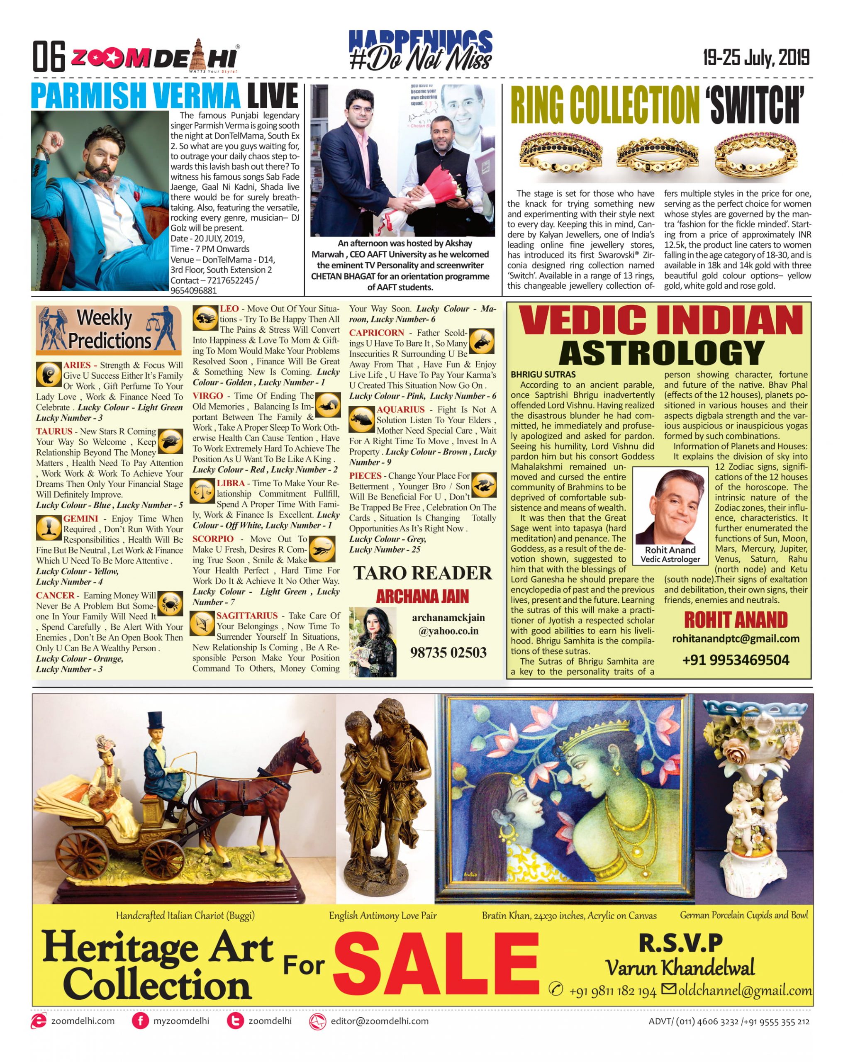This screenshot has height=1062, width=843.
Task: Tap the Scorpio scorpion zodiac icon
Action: pyautogui.click(x=322, y=548)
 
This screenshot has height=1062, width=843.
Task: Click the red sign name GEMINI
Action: pyautogui.click(x=80, y=518)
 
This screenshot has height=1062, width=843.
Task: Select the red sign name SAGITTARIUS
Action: pyautogui.click(x=247, y=615)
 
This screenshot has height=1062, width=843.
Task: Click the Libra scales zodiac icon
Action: pyautogui.click(x=202, y=491)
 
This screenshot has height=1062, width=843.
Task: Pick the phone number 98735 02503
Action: pyautogui.click(x=448, y=653)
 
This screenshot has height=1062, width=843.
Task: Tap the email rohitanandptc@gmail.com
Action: pyautogui.click(x=736, y=639)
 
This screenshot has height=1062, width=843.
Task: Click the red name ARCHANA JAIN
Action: pyautogui.click(x=422, y=597)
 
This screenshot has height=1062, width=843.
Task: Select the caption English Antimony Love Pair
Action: pyautogui.click(x=383, y=915)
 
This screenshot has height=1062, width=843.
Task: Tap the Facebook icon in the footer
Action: pyautogui.click(x=140, y=1021)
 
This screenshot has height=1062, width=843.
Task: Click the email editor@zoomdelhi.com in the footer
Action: pyautogui.click(x=379, y=1021)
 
